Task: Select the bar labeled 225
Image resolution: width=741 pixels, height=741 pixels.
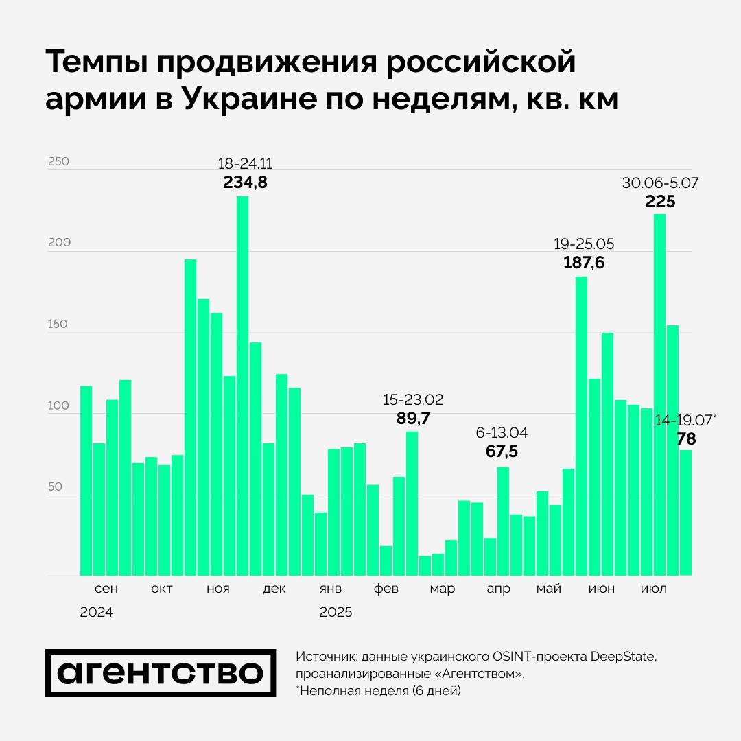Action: [659, 395]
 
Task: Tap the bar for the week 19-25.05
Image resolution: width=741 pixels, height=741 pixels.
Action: [581, 425]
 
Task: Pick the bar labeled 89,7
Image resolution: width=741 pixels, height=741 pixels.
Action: [412, 503]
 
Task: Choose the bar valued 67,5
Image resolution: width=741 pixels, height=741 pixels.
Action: [503, 521]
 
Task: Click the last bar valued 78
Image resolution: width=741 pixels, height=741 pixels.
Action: [685, 513]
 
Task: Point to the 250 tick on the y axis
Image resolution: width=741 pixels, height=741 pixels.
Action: [58, 162]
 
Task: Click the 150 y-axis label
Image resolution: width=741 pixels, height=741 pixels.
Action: [58, 325]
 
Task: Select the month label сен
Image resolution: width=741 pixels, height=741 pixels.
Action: [106, 589]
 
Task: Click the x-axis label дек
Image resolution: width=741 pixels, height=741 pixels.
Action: [274, 589]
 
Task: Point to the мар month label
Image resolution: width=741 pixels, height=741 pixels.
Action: [443, 589]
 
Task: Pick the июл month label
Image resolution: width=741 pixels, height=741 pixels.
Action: [653, 589]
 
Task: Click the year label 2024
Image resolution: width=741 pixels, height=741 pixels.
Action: [96, 612]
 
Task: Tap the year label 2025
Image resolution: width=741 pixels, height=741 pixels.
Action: [336, 612]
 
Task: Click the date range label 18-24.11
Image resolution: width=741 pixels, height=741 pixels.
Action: [245, 164]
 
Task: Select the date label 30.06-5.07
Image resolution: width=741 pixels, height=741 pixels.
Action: [660, 183]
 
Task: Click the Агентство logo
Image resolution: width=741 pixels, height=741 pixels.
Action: [161, 672]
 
